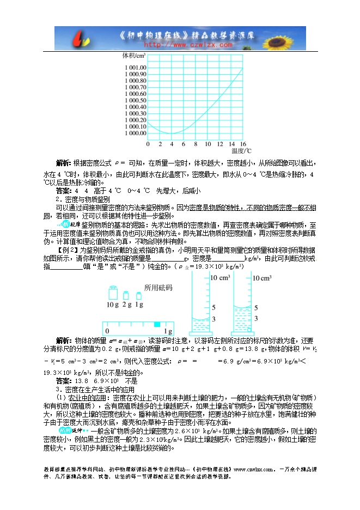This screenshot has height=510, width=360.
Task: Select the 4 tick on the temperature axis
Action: pyautogui.click(x=172, y=144)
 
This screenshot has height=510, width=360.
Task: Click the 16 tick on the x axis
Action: pyautogui.click(x=243, y=144)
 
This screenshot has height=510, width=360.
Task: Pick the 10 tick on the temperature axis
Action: pyautogui.click(x=207, y=144)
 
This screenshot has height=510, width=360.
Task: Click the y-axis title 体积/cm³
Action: pyautogui.click(x=133, y=56)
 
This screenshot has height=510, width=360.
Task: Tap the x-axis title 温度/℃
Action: pyautogui.click(x=241, y=151)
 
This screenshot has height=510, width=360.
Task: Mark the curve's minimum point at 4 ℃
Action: pyautogui.click(x=172, y=133)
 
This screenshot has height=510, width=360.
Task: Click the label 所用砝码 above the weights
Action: pyautogui.click(x=157, y=287)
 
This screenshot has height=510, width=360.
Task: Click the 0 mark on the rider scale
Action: pyautogui.click(x=107, y=331)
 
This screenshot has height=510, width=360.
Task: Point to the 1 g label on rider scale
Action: pyautogui.click(x=168, y=331)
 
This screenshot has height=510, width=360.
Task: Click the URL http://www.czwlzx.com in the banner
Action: pyautogui.click(x=180, y=45)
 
